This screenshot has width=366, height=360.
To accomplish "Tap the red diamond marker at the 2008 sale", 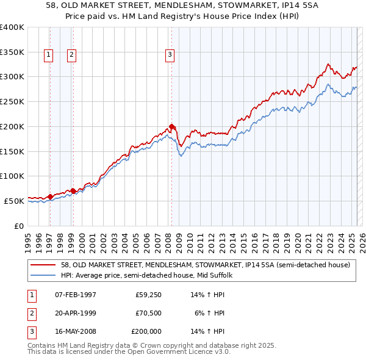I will click(171, 127).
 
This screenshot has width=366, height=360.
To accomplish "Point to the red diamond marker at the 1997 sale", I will click(50, 196).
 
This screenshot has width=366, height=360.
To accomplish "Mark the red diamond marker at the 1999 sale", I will click(73, 191).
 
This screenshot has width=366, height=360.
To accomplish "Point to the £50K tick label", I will click(14, 201).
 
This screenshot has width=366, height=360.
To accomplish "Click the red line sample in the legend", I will click(43, 265).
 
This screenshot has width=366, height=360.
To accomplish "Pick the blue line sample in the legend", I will click(43, 276).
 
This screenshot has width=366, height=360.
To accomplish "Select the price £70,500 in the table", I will click(148, 313).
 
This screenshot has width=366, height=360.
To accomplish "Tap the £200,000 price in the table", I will click(146, 331).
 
